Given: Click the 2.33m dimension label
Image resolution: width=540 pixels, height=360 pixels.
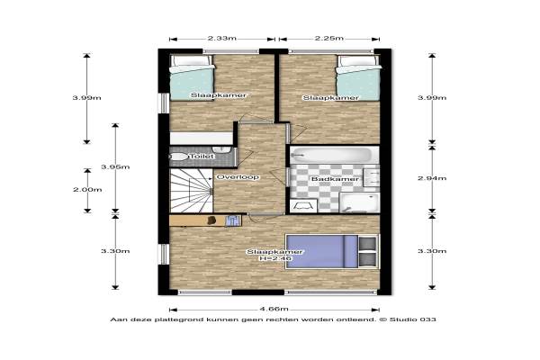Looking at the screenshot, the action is (221, 38).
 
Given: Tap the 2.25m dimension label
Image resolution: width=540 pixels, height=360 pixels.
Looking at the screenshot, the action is (328, 38).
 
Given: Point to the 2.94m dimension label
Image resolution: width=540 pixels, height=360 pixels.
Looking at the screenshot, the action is (432, 178).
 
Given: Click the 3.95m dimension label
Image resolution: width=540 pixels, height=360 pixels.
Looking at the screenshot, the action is (115, 167).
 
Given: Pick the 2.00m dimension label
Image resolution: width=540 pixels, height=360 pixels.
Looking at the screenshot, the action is (87, 190).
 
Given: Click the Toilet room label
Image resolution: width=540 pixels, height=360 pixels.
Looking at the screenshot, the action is (202, 157).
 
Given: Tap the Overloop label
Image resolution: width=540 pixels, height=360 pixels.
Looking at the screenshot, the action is (238, 177).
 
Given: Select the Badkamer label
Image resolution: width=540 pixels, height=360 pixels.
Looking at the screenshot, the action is (335, 179).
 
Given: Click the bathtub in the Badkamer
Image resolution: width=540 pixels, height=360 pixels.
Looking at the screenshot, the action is (331, 155).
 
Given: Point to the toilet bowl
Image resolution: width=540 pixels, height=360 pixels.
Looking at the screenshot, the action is (178, 157).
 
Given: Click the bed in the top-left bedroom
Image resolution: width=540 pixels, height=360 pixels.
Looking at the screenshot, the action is (193, 77).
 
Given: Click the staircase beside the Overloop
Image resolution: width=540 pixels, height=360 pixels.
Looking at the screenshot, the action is (191, 191).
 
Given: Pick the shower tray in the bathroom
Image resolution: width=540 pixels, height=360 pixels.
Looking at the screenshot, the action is (359, 202).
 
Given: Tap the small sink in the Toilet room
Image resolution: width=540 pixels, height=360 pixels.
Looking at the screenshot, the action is (221, 150).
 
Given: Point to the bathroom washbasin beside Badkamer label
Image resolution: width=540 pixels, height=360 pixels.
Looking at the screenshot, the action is (372, 177).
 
